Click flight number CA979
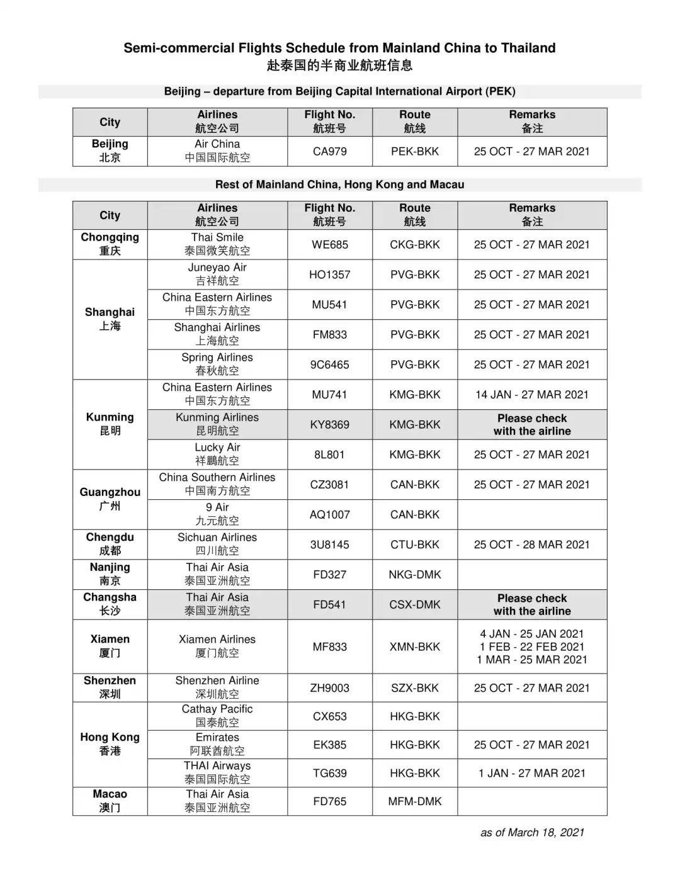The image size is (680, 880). coord(329,151)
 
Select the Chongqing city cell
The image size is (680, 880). coord(110,244)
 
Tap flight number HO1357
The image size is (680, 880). coord(329,274)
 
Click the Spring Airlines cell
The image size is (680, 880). coord(217,364)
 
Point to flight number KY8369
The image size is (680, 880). coord(329,424)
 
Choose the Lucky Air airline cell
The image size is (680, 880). coord(217,454)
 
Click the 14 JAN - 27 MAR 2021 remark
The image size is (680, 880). coord(532,395)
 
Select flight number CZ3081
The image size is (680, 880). coord(329,485)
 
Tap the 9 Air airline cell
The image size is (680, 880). coord(217,514)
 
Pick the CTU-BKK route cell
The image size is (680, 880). coord(414,544)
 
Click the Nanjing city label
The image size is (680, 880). coord(110,574)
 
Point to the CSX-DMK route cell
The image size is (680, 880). coord(414,604)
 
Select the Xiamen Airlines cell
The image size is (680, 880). coord(217,646)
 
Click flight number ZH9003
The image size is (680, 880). coord(329,688)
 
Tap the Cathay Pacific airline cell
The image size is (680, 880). coord(217,716)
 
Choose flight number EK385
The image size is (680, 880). coord(329,745)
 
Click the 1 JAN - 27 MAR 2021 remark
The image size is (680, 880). coord(532,773)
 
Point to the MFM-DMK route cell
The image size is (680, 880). coord(414,801)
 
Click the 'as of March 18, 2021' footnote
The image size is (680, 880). coord(532,833)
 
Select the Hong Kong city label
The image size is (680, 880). coord(110,744)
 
